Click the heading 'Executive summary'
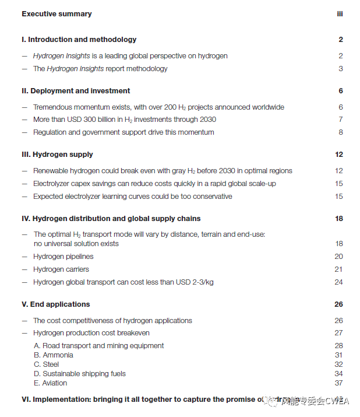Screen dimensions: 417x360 click(57, 14)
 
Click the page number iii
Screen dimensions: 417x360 click(340, 14)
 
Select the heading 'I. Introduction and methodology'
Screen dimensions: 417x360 click(79, 40)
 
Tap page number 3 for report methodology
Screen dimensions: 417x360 click(341, 69)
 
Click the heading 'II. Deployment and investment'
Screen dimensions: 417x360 click(76, 91)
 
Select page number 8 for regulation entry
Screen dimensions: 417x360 click(341, 132)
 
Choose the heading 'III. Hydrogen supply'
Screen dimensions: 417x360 click(57, 155)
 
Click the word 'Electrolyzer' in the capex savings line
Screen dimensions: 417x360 click(52, 184)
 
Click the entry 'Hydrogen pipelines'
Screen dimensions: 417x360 click(63, 257)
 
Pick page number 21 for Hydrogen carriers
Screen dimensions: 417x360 click(339, 269)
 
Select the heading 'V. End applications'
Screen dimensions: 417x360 click(56, 304)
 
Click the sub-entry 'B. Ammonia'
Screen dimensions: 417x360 click(54, 355)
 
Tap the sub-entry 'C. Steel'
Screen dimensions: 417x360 click(47, 365)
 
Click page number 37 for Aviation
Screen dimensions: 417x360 click(339, 383)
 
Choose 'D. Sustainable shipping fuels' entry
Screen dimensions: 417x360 click(79, 374)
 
